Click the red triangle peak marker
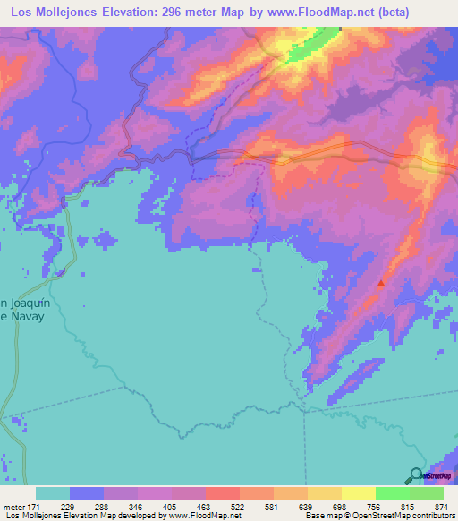click(x=382, y=282)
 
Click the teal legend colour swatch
click(x=53, y=493)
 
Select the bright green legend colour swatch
click(x=393, y=493)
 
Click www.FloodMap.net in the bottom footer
click(x=197, y=516)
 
